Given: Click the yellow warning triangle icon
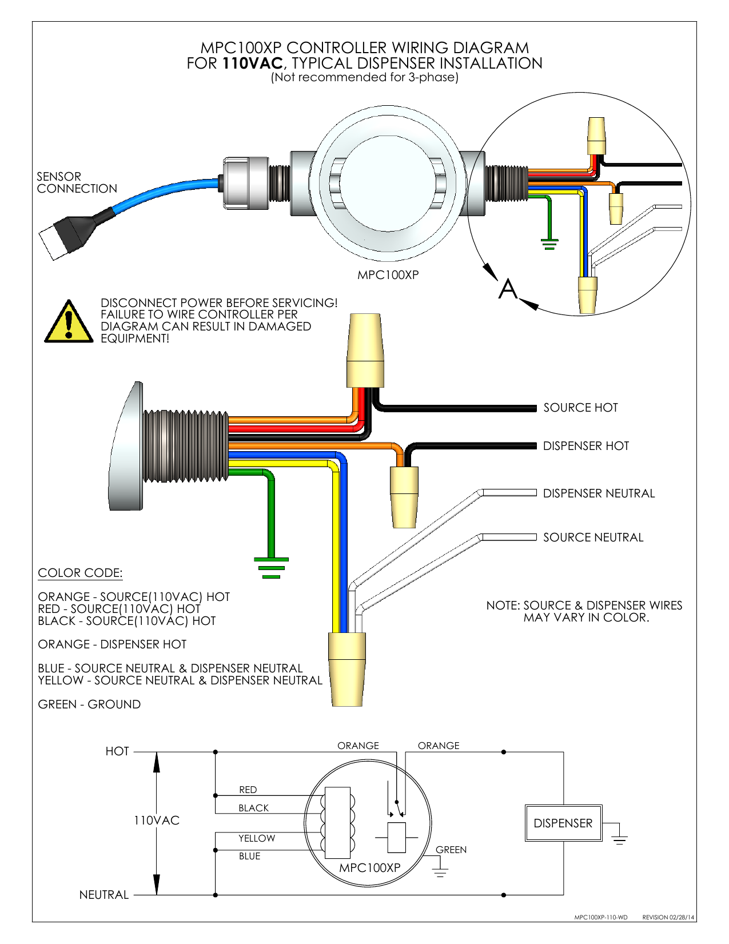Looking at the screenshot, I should (69, 323).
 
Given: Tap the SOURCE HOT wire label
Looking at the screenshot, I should (580, 408).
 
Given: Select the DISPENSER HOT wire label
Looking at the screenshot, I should (585, 446).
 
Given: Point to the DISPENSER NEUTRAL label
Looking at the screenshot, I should (598, 493).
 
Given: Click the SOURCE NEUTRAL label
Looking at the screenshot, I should (593, 537).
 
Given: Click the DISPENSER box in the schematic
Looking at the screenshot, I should (563, 823).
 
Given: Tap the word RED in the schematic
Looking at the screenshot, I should (248, 790).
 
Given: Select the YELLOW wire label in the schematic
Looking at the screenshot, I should (256, 838).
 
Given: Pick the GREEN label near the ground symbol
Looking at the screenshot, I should (451, 850).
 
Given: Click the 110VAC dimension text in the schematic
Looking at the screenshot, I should (157, 820).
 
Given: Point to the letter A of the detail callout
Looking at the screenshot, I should (507, 289).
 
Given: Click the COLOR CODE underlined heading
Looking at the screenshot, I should (80, 573).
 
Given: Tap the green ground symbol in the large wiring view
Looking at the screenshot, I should (271, 567).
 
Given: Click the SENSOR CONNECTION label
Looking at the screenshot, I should (77, 182).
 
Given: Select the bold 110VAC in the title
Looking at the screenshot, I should (252, 63).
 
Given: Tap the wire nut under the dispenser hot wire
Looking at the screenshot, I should (404, 496).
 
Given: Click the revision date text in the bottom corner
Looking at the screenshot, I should (668, 917).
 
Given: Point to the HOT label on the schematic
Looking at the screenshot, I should (117, 751).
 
